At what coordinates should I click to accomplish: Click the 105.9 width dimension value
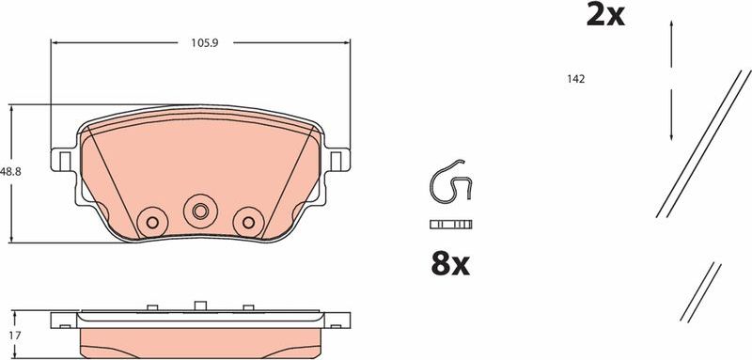click(x=198, y=42)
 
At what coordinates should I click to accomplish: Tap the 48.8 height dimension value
click(x=10, y=172)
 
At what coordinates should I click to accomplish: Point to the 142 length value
click(x=576, y=80)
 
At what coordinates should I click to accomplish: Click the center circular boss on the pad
click(x=198, y=209)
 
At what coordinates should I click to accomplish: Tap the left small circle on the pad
click(x=149, y=222)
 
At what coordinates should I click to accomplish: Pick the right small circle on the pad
click(x=248, y=222)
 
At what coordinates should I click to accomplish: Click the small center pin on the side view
click(x=198, y=305)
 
